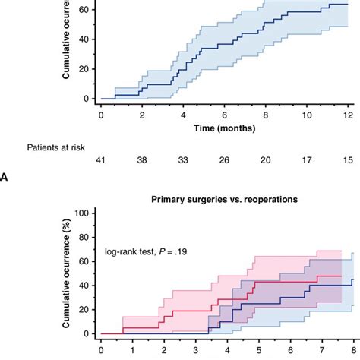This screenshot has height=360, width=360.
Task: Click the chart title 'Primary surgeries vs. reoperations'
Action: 224,200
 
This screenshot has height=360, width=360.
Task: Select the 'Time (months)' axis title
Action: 225,128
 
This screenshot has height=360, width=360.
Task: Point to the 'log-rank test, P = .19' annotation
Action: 146,251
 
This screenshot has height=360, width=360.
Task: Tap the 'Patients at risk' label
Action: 56,147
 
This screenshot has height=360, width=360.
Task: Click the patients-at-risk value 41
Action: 100,160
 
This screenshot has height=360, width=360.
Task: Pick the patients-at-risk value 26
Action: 224,160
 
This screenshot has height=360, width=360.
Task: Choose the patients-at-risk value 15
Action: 348,160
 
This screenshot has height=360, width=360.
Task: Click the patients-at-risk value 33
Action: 183,160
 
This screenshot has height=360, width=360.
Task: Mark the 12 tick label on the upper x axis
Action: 349,115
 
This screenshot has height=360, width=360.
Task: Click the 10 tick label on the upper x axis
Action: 307,115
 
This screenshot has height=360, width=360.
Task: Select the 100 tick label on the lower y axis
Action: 82,213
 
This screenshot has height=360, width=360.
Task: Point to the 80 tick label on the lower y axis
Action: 84,237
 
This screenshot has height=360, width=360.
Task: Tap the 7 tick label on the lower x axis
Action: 322,350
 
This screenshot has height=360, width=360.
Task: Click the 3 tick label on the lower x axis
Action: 196,350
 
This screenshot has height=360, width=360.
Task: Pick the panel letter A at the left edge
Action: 4,178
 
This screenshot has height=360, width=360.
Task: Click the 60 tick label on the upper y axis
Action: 84,10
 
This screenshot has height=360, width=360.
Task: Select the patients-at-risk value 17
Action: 307,160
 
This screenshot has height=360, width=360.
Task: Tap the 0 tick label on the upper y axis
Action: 87,99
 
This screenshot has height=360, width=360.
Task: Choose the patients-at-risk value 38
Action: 142,160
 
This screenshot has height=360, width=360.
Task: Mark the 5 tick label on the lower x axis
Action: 259,350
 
